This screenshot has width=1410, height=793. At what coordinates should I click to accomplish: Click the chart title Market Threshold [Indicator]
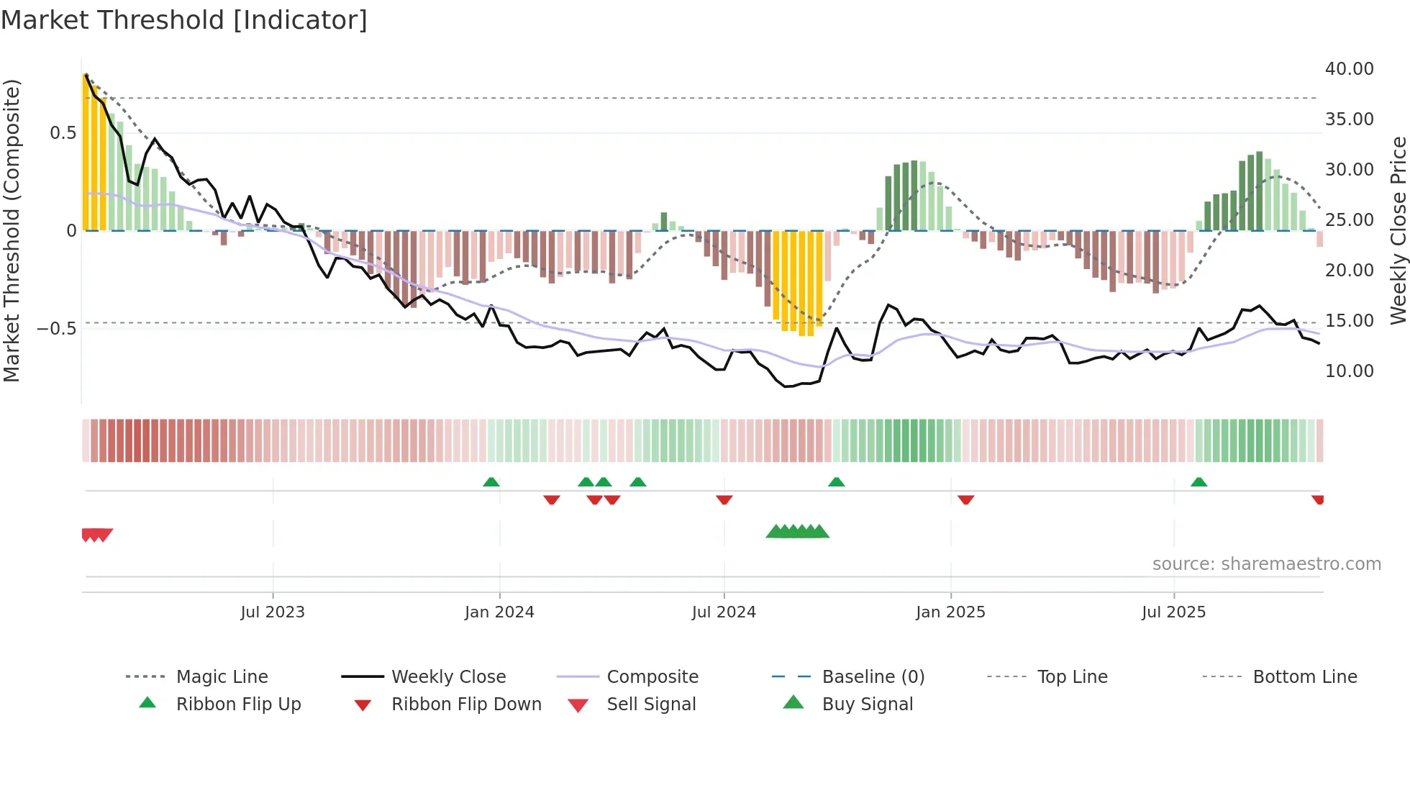click(184, 20)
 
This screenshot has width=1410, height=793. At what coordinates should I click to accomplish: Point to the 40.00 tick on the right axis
click(1349, 69)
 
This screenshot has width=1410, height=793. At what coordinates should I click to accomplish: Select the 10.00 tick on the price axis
click(1349, 371)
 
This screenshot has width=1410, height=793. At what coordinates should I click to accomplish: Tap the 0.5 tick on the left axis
click(63, 133)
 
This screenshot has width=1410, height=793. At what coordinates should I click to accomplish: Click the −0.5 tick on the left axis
click(56, 329)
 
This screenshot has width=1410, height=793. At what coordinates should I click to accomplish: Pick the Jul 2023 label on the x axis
click(273, 612)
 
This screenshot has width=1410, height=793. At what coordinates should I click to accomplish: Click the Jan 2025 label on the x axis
click(950, 612)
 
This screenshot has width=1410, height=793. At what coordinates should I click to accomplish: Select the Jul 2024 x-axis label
click(724, 612)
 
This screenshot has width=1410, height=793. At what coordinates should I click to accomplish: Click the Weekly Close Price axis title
click(1398, 230)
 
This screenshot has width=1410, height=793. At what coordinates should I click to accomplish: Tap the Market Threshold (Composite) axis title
click(12, 230)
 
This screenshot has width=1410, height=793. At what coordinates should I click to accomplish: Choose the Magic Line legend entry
click(222, 677)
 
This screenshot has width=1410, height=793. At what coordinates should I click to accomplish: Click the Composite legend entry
click(652, 677)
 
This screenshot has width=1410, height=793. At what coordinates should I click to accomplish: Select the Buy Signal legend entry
click(867, 704)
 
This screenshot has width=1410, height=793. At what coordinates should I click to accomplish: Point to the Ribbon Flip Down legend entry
click(465, 704)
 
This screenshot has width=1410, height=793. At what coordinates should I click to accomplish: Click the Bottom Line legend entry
click(1304, 677)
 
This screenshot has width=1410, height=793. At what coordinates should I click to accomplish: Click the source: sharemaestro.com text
click(1266, 564)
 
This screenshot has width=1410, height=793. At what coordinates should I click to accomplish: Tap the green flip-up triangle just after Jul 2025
click(1198, 482)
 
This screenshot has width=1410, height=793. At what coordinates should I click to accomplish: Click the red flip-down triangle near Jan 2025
click(965, 499)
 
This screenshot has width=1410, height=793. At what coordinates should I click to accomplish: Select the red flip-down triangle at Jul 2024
click(724, 499)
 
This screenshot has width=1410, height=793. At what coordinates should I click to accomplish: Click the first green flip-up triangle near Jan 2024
click(491, 482)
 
